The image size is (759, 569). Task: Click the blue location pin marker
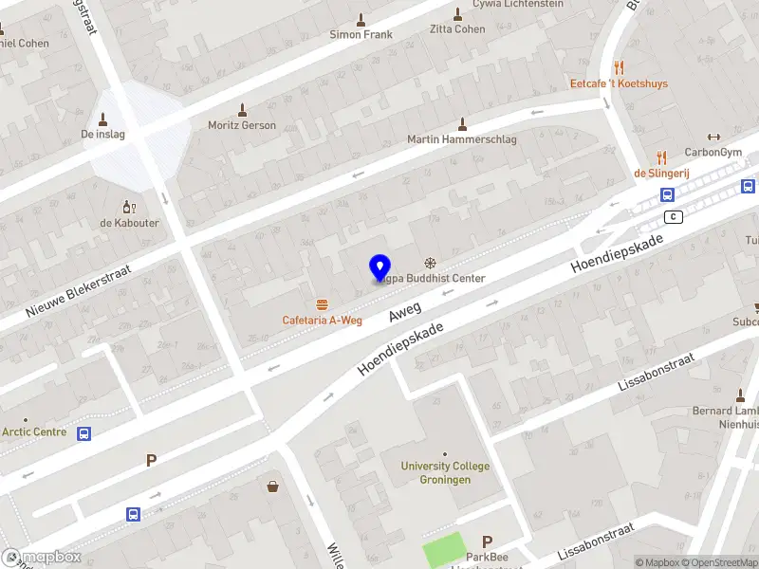point(380,267)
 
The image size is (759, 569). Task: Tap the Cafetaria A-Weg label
point(322,321)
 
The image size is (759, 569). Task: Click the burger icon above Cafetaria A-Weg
point(323,304)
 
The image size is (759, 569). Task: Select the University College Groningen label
point(445,472)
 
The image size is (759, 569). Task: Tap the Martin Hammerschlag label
point(461,139)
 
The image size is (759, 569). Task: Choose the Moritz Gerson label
point(242,125)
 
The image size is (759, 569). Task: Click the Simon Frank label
point(361,34)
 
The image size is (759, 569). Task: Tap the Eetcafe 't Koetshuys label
point(619,83)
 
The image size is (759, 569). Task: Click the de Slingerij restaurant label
point(661,173)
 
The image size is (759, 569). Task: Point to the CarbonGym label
point(713,152)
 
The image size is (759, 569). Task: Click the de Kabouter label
point(130,223)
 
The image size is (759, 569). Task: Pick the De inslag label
point(102,134)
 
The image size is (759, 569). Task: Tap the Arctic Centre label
point(34,432)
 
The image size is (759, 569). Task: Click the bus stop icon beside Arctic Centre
point(84,434)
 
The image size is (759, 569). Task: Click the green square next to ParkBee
point(445,551)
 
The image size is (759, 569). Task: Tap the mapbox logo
point(42,557)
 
